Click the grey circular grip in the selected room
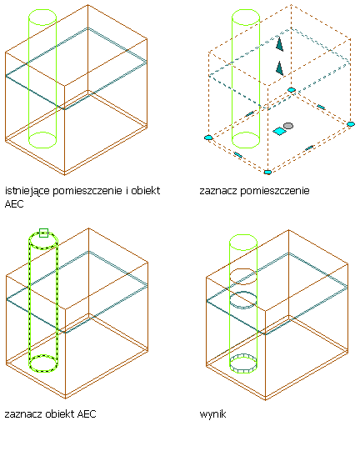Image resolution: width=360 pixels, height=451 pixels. coord(288,126)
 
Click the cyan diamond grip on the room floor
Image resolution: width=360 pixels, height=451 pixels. coord(279,132)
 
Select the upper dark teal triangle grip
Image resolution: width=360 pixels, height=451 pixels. coord(279,44)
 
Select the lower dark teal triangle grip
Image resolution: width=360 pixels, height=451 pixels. coord(279,68)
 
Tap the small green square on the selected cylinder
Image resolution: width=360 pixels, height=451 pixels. coord(43,233)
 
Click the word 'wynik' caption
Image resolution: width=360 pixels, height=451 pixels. coord(212,414)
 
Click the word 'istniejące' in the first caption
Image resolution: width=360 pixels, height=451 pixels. coord(27,191)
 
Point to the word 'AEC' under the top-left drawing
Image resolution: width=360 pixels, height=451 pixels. coord(14,204)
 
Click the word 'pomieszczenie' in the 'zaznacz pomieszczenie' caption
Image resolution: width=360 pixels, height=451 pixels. coord(275,191)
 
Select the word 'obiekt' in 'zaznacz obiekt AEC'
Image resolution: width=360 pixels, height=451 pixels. coord(60,413)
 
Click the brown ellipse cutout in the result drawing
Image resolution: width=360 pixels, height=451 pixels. coord(243,277)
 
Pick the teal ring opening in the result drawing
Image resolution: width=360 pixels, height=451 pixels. coord(243,300)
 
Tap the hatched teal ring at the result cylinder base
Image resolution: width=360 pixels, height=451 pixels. coord(243,363)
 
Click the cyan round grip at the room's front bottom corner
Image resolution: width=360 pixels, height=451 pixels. coord(267,172)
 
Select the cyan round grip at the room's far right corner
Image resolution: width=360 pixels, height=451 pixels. coord(351,124)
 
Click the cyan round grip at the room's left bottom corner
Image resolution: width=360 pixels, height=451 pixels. coord(208,138)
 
